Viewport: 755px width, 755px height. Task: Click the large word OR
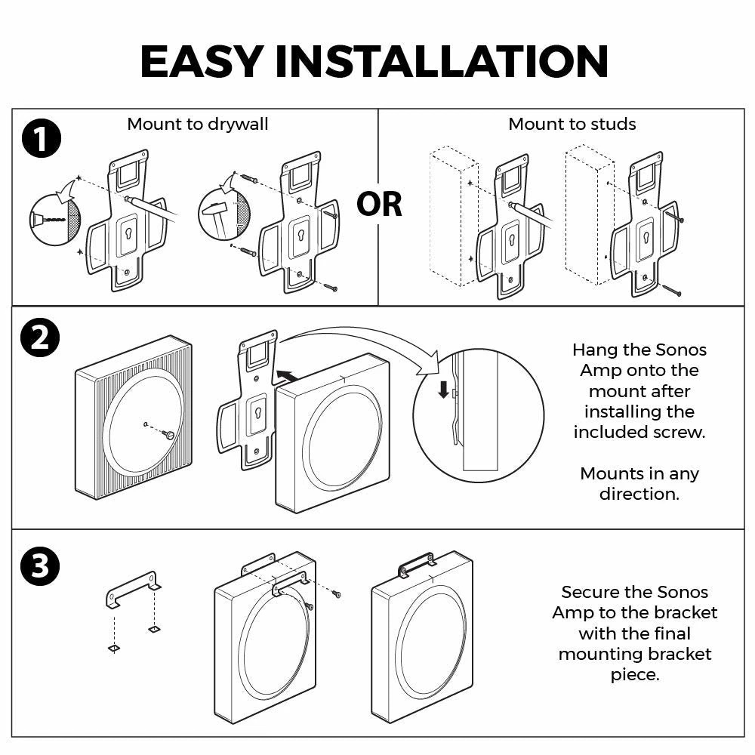tap(379, 204)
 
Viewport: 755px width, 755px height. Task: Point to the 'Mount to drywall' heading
tap(198, 124)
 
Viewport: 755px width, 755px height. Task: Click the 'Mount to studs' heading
tap(572, 124)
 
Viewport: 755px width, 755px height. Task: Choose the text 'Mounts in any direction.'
tap(639, 484)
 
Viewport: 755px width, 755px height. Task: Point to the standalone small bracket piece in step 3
tap(132, 589)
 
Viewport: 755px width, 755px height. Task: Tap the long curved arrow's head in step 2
tap(430, 366)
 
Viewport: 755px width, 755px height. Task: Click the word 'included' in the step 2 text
tap(611, 432)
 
